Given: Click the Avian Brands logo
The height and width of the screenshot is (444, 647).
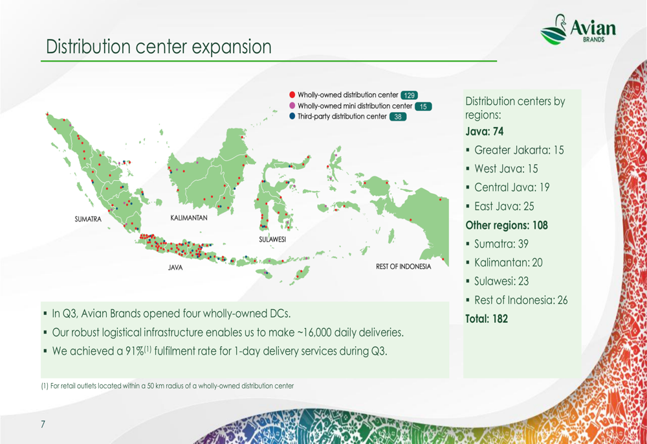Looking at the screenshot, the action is (578, 29).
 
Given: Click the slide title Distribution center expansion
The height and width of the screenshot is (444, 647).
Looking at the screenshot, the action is (159, 47).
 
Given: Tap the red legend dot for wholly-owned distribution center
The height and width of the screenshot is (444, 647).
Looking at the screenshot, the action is (292, 95).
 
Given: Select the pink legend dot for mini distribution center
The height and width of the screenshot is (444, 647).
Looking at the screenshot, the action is (292, 106).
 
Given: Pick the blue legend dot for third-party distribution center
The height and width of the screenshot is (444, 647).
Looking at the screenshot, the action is (292, 116).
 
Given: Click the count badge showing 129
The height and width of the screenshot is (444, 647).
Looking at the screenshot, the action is (409, 95).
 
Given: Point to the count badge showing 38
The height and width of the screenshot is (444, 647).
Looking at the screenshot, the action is (398, 117).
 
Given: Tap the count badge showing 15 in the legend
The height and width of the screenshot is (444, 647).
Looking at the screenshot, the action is (423, 106).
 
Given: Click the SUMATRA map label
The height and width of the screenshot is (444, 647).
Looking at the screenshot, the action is (88, 219).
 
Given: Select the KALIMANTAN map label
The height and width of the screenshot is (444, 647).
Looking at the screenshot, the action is (188, 218).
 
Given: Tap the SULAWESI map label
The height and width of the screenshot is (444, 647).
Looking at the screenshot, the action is (272, 239).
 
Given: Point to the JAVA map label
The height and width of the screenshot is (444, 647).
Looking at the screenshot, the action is (175, 268).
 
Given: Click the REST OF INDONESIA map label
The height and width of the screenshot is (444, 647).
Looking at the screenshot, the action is (403, 266).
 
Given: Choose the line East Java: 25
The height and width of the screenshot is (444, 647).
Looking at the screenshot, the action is (504, 206).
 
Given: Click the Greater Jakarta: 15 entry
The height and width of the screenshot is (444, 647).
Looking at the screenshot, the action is (519, 150).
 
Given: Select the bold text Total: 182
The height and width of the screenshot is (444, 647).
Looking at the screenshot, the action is (487, 319).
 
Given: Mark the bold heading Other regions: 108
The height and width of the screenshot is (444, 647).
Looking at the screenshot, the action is (507, 226).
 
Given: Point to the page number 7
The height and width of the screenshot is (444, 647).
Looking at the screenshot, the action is (43, 424).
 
